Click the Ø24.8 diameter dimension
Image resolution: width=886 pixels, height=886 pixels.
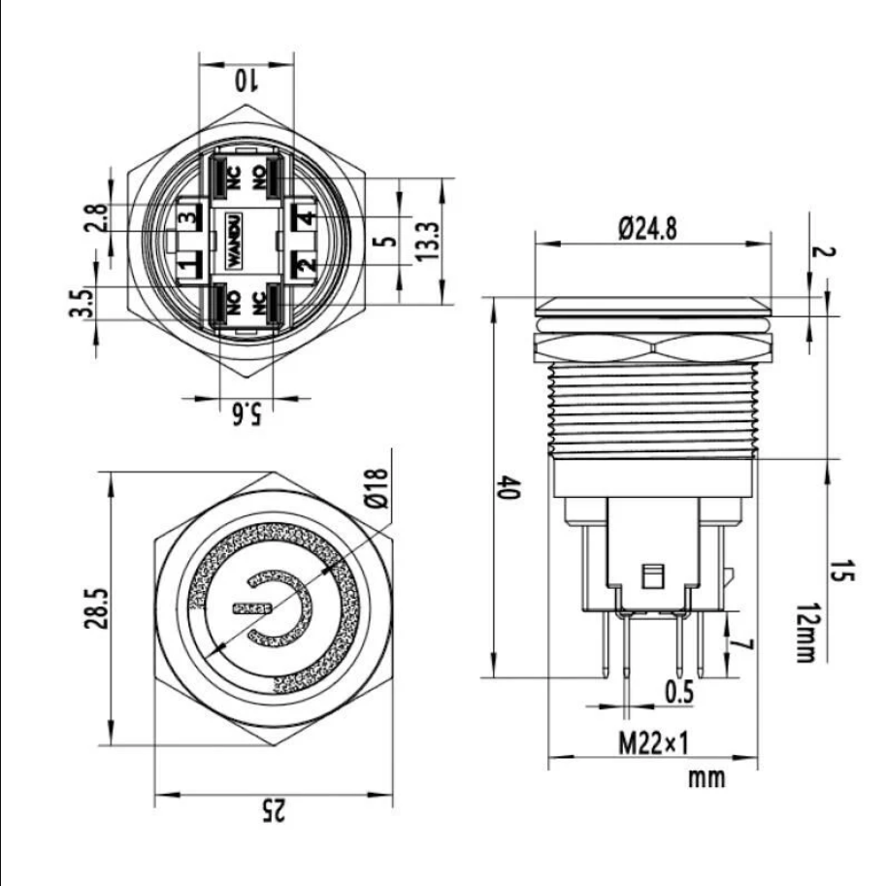647,228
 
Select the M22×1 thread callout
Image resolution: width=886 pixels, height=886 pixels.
654,742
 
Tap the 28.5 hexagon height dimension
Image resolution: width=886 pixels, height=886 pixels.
95,608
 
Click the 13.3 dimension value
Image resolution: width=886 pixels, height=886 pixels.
427,241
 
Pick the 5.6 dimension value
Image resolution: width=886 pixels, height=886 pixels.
246,413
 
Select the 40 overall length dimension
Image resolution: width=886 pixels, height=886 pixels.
508,487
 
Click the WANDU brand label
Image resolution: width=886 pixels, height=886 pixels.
234,240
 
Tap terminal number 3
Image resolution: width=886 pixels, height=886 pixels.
189,216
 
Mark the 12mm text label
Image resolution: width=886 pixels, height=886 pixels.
806,632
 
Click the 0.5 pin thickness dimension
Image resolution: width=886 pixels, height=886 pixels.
678,692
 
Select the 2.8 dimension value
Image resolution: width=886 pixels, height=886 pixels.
95,217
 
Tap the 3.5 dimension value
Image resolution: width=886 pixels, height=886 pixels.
81,303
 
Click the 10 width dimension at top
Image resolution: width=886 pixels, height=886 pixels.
246,81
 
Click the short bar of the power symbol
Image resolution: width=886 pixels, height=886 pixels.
252,608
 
